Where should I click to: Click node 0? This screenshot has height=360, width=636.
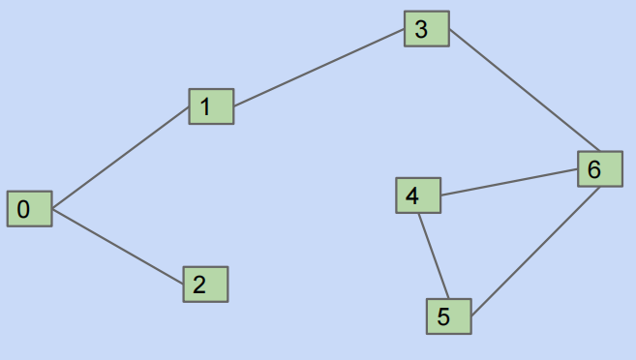click(x=29, y=208)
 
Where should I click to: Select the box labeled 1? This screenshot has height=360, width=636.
click(x=211, y=105)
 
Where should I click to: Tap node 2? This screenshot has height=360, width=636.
click(x=205, y=285)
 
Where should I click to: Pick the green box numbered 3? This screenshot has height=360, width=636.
click(x=426, y=29)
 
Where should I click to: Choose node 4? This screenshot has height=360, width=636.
click(x=418, y=195)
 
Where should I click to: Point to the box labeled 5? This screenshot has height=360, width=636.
click(x=449, y=316)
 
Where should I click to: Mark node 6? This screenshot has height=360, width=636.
click(x=600, y=169)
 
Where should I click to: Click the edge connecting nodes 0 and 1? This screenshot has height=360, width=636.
click(x=120, y=157)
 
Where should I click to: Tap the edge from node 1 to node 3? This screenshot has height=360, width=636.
click(x=318, y=68)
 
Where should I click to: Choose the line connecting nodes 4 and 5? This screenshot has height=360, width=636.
click(x=433, y=255)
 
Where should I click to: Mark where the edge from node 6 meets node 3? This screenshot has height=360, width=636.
click(x=448, y=29)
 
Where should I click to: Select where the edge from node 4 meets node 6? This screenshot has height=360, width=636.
click(x=578, y=171)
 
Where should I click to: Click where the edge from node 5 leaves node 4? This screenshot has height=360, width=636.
click(x=419, y=213)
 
